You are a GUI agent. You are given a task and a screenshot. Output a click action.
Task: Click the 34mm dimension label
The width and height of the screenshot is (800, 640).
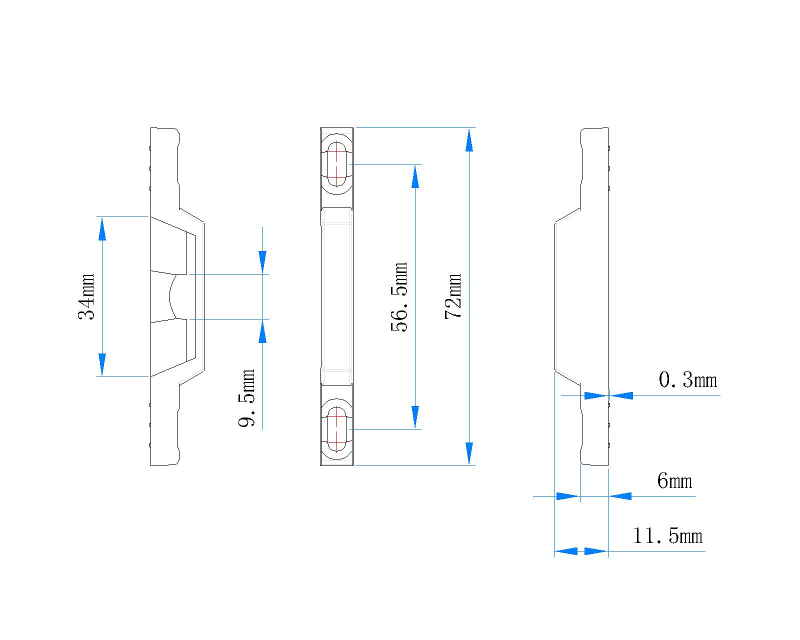click(86, 296)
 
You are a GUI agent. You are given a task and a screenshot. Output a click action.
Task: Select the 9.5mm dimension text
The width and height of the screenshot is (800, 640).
click(246, 398)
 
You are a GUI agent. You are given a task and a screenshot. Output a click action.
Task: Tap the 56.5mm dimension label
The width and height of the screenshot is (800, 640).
click(399, 296)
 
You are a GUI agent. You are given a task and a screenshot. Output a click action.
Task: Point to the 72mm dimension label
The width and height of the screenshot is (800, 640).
click(453, 296)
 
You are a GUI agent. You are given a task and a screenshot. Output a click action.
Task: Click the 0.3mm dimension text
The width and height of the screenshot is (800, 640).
click(687, 380)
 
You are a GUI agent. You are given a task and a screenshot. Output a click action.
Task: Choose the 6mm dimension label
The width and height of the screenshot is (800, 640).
click(674, 481)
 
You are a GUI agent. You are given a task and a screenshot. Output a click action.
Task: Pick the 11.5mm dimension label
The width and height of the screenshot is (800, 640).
click(667, 536)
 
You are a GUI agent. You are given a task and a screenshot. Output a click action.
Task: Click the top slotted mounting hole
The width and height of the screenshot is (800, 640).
click(337, 163)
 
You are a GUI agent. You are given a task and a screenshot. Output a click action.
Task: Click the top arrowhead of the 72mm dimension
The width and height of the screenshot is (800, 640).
click(469, 140)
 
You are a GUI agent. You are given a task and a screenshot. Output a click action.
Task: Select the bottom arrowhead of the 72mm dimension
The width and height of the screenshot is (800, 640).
click(469, 453)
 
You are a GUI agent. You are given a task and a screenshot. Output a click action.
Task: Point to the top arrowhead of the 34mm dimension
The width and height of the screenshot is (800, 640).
click(102, 228)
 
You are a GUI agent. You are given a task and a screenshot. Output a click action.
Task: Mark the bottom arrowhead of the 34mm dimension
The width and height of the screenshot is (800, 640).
click(102, 364)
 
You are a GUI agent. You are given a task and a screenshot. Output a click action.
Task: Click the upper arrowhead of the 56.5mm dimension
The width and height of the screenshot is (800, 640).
click(415, 176)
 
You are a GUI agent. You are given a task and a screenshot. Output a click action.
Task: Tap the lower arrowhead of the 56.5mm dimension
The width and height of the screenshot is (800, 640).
click(415, 417)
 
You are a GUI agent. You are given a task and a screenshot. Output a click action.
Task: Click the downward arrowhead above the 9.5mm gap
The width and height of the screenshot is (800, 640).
click(262, 261)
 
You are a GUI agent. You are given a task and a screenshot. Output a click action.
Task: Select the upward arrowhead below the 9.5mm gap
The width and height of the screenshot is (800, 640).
click(262, 331)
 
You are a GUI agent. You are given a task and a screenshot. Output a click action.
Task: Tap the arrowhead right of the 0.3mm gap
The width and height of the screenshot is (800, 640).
click(621, 395)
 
